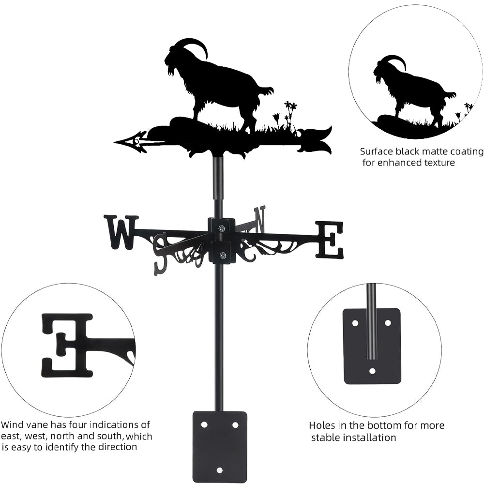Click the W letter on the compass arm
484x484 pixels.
pos(121,232)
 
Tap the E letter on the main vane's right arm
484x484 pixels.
pos(330,239)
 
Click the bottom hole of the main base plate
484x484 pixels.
pos(220,470)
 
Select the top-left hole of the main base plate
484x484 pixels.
pos(204,424)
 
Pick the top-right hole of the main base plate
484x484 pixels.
pos(235,424)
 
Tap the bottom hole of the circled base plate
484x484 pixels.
pos(372,371)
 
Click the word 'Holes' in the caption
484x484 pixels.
pos(321,426)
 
